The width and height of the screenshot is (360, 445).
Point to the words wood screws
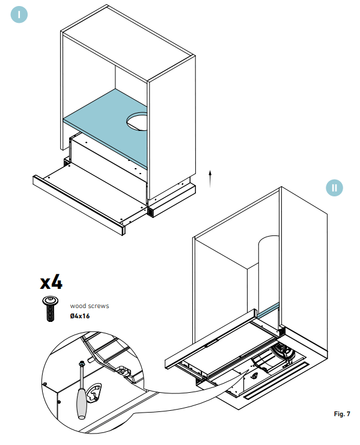[90, 306]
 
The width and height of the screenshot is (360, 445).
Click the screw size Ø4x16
[80, 316]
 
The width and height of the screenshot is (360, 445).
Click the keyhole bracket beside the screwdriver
[95, 393]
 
